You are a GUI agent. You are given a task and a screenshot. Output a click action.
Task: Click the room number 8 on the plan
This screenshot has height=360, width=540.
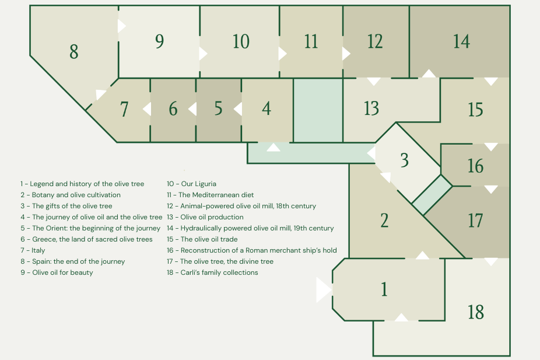pyautogui.click(x=73, y=52)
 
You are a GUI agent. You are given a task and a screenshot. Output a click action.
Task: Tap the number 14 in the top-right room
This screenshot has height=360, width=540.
pyautogui.click(x=461, y=41)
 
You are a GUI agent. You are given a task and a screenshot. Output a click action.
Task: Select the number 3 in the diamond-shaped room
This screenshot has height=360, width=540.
pyautogui.click(x=405, y=160)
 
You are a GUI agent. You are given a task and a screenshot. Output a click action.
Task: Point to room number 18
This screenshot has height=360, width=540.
pyautogui.click(x=476, y=312)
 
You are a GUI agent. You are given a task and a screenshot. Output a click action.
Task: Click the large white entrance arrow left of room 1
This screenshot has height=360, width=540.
pyautogui.click(x=324, y=290)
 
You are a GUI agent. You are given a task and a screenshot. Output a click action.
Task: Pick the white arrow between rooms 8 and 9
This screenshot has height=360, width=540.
pyautogui.click(x=121, y=26)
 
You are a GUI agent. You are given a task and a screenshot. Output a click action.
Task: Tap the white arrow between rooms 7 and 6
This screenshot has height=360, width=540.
pyautogui.click(x=147, y=109)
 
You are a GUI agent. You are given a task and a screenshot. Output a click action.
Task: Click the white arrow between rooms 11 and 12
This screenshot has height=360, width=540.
pyautogui.click(x=346, y=54)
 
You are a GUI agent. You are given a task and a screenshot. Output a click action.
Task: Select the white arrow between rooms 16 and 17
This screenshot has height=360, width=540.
pyautogui.click(x=491, y=189)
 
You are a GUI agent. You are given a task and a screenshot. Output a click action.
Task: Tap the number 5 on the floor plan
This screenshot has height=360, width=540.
pyautogui.click(x=218, y=109)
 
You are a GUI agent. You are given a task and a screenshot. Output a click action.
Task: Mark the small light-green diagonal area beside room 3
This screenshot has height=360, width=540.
pyautogui.click(x=432, y=195)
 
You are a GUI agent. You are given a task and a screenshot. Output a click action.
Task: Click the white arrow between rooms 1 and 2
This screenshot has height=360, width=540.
pyautogui.click(x=422, y=256)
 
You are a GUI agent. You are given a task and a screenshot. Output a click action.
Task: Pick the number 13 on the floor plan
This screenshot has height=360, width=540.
pyautogui.click(x=371, y=109)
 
